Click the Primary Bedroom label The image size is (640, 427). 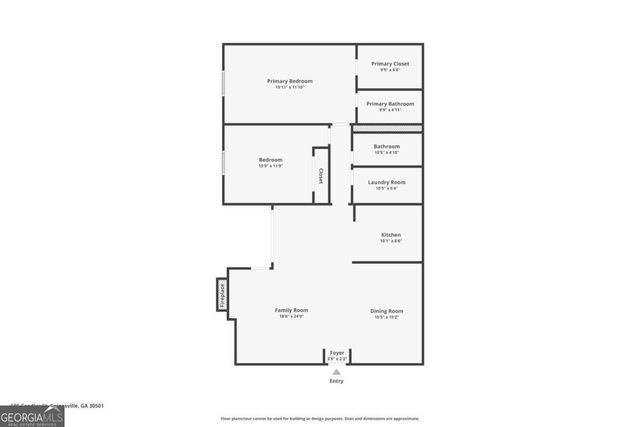click(x=290, y=81)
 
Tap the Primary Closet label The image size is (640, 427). click(x=389, y=63)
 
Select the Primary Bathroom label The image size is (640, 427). click(x=389, y=104)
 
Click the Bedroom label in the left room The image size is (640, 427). click(x=270, y=160)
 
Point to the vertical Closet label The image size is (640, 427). click(x=321, y=175)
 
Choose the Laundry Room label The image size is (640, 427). click(x=386, y=182)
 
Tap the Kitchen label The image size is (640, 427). click(x=390, y=235)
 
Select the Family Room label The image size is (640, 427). click(x=291, y=311)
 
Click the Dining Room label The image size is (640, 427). click(x=386, y=311)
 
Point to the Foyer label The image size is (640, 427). click(x=337, y=352)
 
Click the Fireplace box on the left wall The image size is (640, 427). click(x=222, y=294)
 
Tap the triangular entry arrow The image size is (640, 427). click(x=336, y=372)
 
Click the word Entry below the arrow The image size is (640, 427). click(x=336, y=382)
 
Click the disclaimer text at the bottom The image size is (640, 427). click(x=320, y=418)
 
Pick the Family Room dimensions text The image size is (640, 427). click(x=291, y=317)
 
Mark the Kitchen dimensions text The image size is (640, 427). click(x=390, y=241)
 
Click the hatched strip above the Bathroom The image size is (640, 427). click(x=386, y=130)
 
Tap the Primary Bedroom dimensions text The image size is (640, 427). click(x=290, y=87)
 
